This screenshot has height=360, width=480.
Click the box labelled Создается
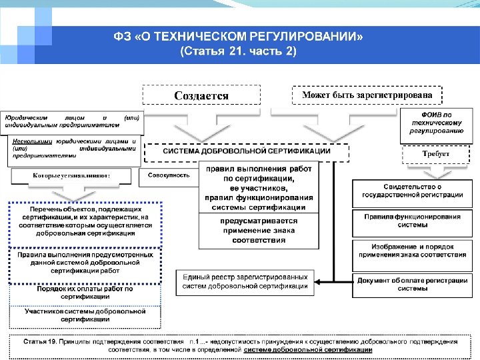pos(201,95)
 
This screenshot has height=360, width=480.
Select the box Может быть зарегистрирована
pos(367,95)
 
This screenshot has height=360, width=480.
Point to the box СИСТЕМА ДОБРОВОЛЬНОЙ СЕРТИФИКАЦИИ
pos(247,151)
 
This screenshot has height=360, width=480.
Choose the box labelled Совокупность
pos(168,176)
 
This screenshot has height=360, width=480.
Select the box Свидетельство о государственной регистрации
pos(412,191)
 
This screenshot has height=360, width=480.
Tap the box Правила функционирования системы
pos(412,220)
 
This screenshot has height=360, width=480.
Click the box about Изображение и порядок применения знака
pos(412,251)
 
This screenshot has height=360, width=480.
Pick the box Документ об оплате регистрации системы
pos(412,285)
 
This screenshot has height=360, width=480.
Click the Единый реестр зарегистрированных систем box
pos(245,281)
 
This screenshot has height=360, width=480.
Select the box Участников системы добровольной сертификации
pos(84,315)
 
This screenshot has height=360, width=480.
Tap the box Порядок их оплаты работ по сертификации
pos(84,293)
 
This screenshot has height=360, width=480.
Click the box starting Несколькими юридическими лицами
pos(73,148)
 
